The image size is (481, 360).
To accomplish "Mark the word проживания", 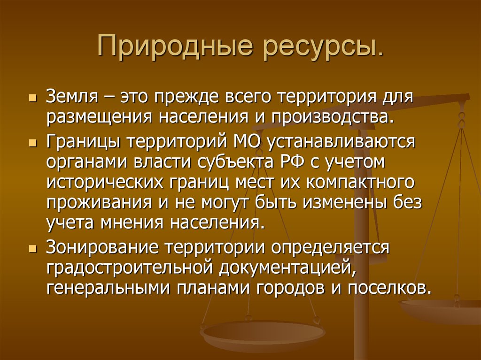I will click(x=99, y=203).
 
